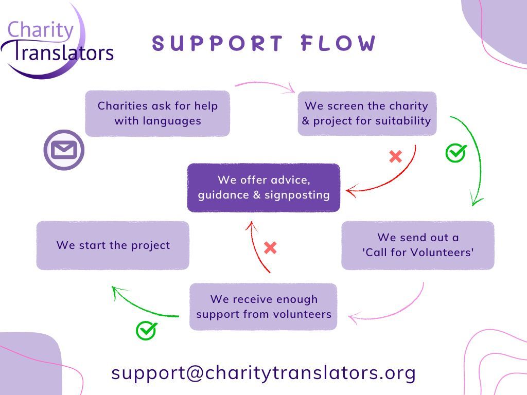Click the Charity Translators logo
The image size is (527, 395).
[x=57, y=42]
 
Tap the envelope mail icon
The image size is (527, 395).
[x=64, y=150]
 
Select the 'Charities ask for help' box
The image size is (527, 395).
[x=157, y=114]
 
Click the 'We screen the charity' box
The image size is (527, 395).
[x=367, y=114]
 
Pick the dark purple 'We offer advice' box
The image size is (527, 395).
[x=263, y=188]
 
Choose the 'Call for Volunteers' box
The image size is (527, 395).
[x=418, y=245]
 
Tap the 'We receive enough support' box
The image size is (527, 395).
[x=263, y=307]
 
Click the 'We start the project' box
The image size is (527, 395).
[x=113, y=245]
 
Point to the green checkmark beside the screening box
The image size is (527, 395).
[x=456, y=153]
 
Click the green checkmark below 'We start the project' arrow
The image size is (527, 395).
[x=146, y=331]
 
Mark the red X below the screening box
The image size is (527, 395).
[x=396, y=156]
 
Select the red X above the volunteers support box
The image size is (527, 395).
[x=270, y=248]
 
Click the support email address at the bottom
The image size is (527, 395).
[x=263, y=373]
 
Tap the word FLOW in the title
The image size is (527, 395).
[x=338, y=43]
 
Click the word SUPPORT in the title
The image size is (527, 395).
[x=218, y=43]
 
